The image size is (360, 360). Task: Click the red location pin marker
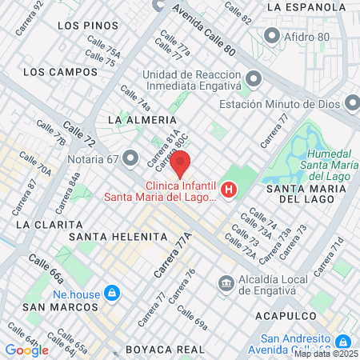tap(182, 163)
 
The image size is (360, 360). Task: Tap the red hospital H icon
tap(230, 190)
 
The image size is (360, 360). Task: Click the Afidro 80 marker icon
tap(272, 36)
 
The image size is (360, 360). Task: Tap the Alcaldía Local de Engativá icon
tap(226, 282)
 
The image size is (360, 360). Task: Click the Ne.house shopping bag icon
tap(112, 293)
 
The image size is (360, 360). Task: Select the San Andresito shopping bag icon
tap(343, 342)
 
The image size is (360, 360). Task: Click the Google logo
tap(26, 350)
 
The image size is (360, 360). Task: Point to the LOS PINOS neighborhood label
tap(83, 26)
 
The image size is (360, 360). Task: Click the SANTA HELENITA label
tap(118, 238)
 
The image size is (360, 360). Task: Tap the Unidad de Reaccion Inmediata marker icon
tap(254, 79)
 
